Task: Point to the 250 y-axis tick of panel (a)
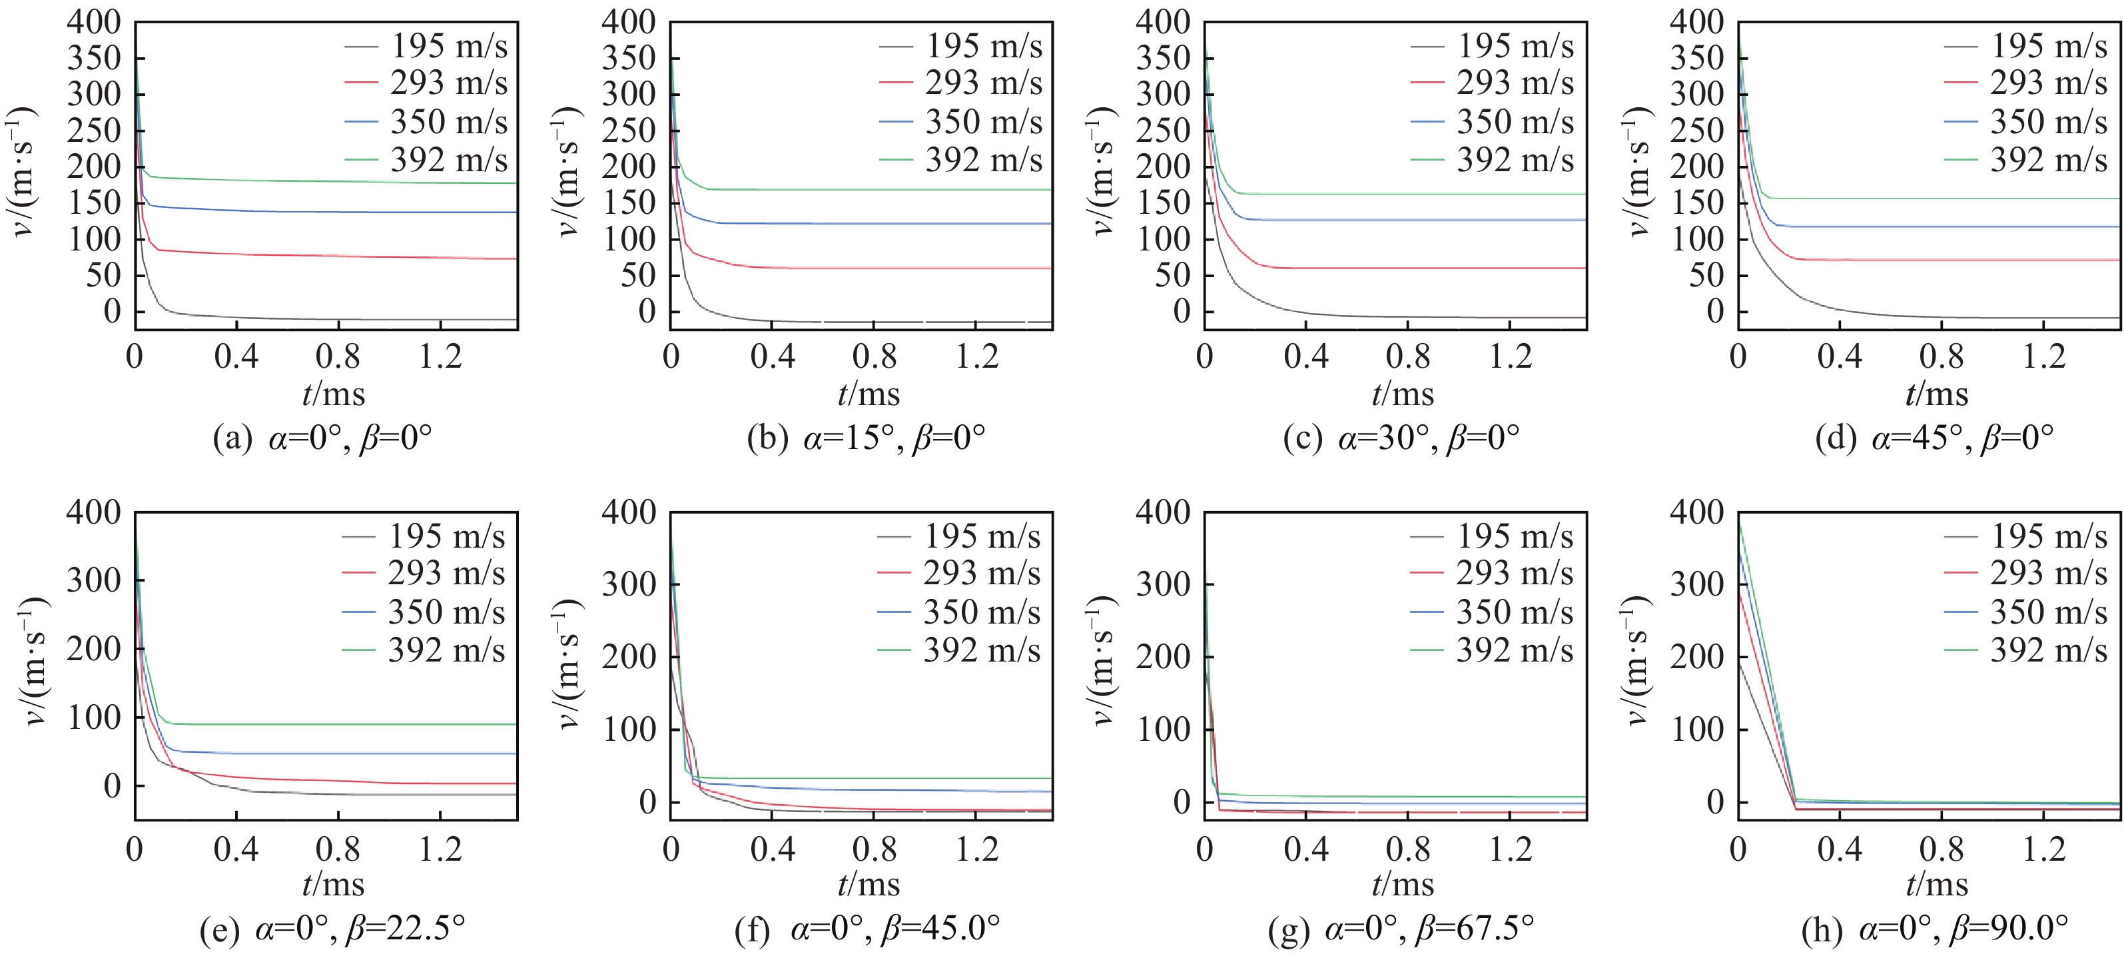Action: [x=93, y=131]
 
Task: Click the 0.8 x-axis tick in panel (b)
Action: [x=874, y=356]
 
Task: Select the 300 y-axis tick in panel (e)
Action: [x=93, y=581]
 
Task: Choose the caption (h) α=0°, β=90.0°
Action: [x=1936, y=929]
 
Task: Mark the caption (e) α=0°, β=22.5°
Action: [x=332, y=929]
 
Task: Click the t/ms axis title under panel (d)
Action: [x=1936, y=394]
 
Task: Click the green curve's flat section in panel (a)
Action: [x=330, y=181]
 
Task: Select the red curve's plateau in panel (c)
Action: [x=1402, y=268]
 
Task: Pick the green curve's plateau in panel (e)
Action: [x=330, y=724]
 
